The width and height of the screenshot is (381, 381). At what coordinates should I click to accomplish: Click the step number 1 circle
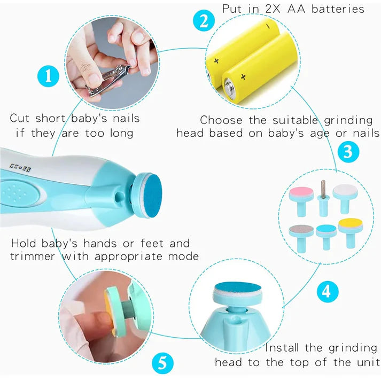[x=49, y=76]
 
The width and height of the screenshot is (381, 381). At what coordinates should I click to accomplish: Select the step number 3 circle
[x=347, y=152]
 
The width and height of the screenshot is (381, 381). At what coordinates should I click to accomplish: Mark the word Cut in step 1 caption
[x=20, y=119]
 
